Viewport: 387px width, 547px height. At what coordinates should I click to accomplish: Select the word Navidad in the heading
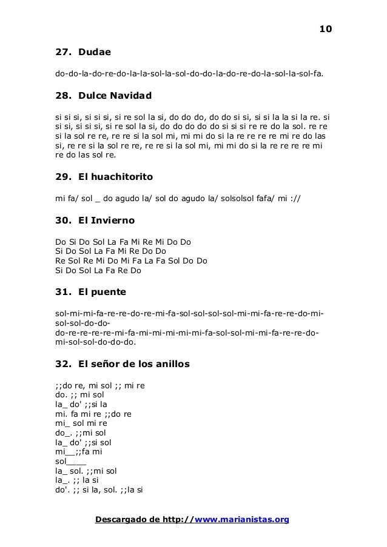point(129,96)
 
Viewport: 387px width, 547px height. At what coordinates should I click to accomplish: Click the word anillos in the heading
point(171,364)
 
